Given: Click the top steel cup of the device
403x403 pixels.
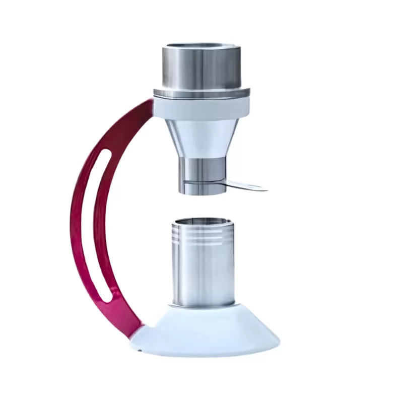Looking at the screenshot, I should (201, 68).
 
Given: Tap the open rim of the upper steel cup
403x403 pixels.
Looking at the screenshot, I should (201, 47).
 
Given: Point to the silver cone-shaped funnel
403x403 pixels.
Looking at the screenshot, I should (201, 139).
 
